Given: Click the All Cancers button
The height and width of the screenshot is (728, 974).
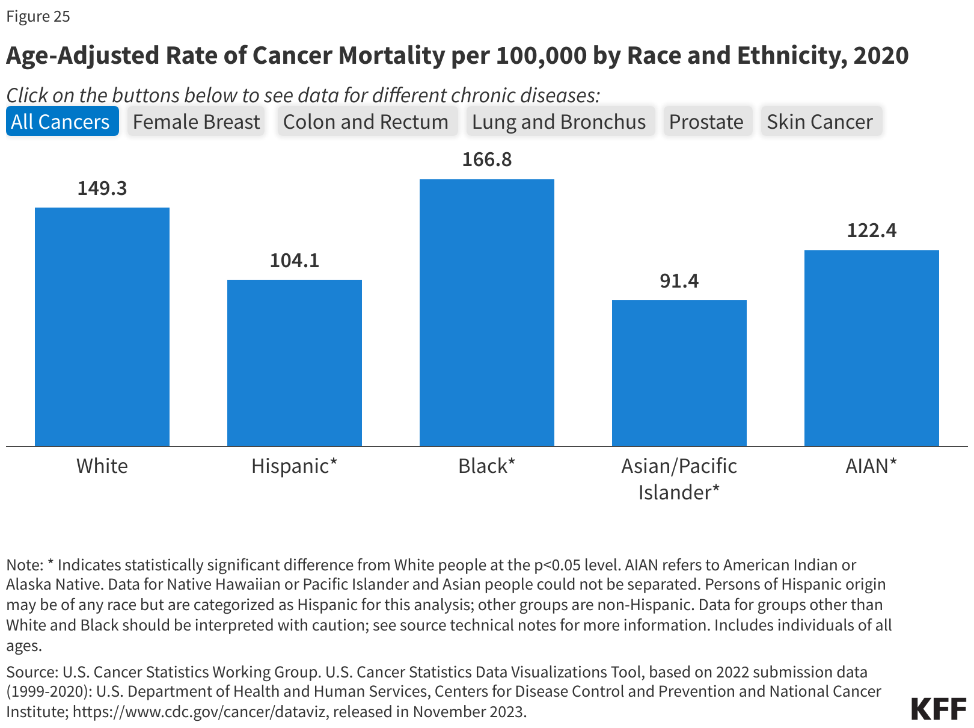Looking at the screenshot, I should (61, 122).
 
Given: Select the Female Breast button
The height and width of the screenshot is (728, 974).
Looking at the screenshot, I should (196, 122).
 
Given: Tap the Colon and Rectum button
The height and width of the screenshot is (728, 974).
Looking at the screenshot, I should (366, 122).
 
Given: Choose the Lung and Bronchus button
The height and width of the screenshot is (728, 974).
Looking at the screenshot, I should (559, 122).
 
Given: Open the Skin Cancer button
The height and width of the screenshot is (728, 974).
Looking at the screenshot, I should (819, 122).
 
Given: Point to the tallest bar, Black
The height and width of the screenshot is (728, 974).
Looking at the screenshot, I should (487, 313).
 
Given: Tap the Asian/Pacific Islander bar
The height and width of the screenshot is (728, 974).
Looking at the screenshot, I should (679, 373).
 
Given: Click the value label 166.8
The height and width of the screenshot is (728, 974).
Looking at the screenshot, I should (487, 159).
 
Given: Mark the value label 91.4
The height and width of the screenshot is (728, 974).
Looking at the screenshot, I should (679, 281).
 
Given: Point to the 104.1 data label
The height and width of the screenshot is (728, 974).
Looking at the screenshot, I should (295, 261).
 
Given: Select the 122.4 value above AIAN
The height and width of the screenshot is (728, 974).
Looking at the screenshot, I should (872, 230).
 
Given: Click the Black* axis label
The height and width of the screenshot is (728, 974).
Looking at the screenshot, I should (487, 466).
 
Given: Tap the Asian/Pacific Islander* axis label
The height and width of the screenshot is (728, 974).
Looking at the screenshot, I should (679, 479).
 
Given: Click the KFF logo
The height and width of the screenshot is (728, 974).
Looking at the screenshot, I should (938, 709).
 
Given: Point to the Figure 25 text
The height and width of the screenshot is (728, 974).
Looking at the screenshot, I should (38, 16).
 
